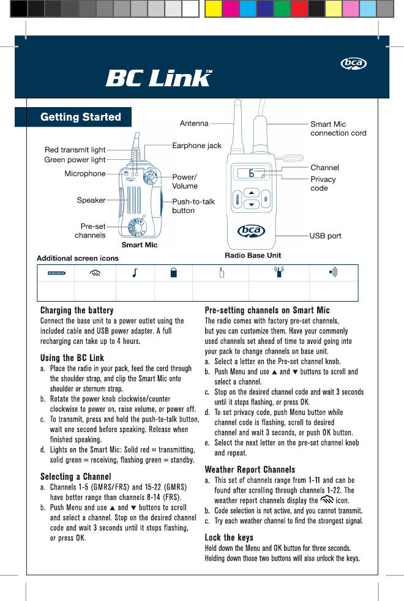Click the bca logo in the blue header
click(x=354, y=64)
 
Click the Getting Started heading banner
click(x=80, y=117)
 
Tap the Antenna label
click(x=194, y=123)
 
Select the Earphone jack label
click(x=196, y=146)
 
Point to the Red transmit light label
click(x=75, y=149)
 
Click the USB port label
click(x=325, y=236)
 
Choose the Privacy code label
click(x=323, y=184)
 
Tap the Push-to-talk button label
click(x=193, y=206)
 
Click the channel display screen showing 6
click(x=251, y=173)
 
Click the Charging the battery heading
click(x=77, y=310)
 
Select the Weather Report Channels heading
click(x=250, y=469)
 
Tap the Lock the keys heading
click(x=229, y=537)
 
